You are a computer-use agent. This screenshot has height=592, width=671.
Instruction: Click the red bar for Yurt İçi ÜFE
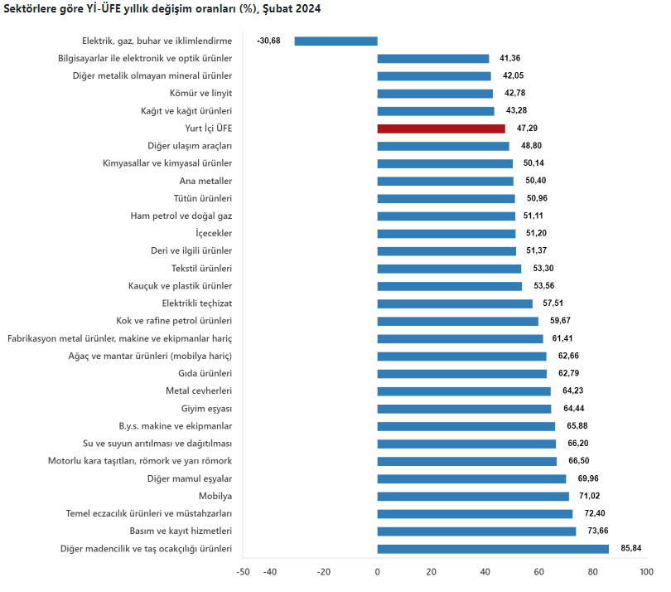441,129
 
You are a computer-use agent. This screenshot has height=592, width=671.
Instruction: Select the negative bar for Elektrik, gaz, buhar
335,41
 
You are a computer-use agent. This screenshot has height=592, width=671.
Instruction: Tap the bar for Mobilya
473,496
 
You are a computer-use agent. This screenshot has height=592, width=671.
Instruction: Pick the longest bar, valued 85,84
493,548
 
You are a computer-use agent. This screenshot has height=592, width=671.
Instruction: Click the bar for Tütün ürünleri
446,198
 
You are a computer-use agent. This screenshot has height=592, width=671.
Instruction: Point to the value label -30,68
269,41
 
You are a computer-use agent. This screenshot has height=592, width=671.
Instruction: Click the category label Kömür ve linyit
200,93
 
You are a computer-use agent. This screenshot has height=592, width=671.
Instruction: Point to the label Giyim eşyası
206,408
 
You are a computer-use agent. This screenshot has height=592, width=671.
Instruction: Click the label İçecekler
213,233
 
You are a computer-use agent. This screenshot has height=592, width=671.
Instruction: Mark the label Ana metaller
205,181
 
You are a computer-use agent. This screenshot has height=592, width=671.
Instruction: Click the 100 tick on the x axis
646,572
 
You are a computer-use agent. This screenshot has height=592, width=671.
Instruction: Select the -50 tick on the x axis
243,572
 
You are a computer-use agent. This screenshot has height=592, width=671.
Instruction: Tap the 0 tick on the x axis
377,572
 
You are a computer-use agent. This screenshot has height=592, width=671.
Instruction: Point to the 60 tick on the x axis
538,572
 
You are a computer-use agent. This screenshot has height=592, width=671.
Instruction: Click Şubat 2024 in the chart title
292,8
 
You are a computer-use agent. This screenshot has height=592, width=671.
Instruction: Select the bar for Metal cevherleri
464,391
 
